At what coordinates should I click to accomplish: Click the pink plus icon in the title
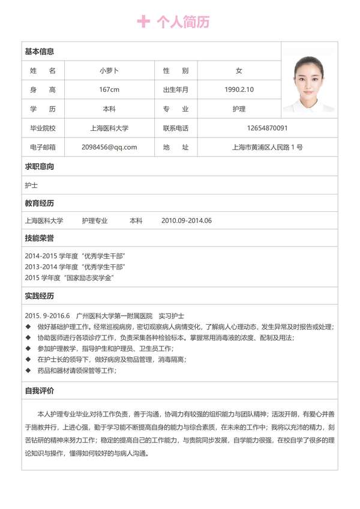tap(143, 22)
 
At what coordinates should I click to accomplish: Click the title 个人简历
tap(183, 22)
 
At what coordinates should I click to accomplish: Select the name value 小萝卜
tap(109, 70)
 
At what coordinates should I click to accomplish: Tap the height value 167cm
tap(109, 89)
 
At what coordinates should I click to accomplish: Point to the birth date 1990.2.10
tap(239, 89)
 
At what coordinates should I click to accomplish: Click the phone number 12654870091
tap(267, 128)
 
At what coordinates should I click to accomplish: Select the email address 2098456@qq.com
tap(109, 147)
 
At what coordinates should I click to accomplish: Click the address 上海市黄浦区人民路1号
tap(267, 147)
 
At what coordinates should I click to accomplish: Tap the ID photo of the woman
tap(310, 83)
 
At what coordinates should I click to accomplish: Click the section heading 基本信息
tap(39, 52)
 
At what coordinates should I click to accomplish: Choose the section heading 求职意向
tap(39, 166)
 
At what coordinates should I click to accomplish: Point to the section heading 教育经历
tap(39, 203)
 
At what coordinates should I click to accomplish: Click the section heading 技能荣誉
tap(39, 238)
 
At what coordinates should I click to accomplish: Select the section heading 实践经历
tap(39, 296)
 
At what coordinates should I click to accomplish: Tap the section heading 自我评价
tap(39, 391)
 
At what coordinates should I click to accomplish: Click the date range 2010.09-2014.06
tap(187, 220)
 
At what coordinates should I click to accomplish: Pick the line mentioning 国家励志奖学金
tap(70, 277)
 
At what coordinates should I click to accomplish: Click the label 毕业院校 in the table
tap(43, 128)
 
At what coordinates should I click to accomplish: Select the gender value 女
tap(239, 70)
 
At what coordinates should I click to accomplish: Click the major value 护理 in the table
tap(239, 109)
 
